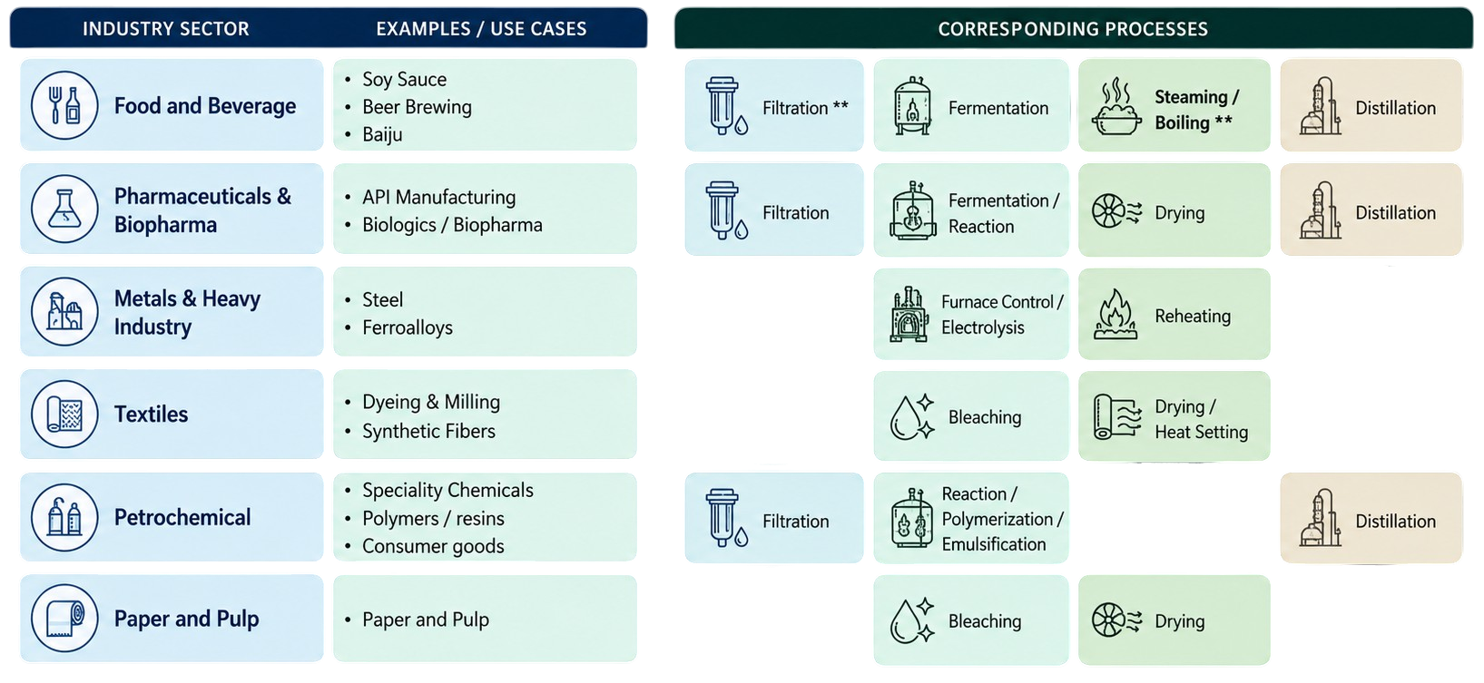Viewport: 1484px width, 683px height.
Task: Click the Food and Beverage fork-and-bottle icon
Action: click(x=64, y=105)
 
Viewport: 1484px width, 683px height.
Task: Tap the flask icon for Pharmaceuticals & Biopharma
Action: click(x=64, y=209)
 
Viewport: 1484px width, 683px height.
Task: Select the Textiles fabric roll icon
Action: click(x=64, y=415)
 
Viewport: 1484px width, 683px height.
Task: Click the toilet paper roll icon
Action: click(x=64, y=618)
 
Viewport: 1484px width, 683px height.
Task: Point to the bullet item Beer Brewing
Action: click(x=417, y=107)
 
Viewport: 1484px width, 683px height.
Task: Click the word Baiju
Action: click(x=382, y=134)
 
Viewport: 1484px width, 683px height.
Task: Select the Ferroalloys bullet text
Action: click(x=408, y=327)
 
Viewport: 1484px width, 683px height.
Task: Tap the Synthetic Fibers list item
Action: click(x=428, y=431)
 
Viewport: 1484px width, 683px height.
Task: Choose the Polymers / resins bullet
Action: click(x=433, y=518)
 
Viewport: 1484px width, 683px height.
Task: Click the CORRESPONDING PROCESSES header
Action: click(x=1073, y=29)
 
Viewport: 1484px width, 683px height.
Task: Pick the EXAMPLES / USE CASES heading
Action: click(x=481, y=29)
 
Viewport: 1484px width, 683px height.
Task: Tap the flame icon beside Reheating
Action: click(x=1115, y=315)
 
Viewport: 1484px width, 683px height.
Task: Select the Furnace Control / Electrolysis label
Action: click(x=1002, y=315)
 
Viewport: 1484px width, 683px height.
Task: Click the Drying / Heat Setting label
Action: click(x=1201, y=419)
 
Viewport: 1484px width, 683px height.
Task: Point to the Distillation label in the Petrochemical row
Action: click(x=1395, y=522)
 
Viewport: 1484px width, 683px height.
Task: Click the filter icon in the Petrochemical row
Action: click(x=726, y=518)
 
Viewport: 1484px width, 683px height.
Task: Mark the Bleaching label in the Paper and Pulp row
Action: click(x=985, y=620)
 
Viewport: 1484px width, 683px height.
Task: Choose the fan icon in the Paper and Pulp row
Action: click(x=1117, y=620)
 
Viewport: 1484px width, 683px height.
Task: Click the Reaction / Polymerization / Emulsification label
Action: click(x=1002, y=519)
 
